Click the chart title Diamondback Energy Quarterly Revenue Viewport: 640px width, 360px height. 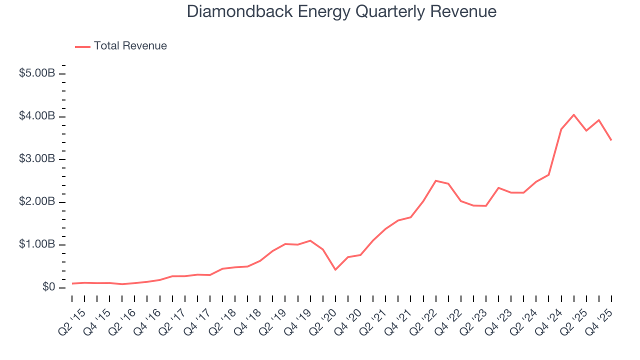[341, 11]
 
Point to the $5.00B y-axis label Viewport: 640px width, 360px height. [36, 73]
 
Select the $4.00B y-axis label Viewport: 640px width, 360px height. [36, 116]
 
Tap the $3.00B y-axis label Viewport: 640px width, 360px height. [36, 159]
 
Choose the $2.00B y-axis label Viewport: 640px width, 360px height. [36, 202]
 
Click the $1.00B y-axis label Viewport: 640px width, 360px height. [36, 244]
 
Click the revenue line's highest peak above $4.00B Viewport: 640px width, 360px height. [573, 115]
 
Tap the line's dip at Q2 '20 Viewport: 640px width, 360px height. [335, 269]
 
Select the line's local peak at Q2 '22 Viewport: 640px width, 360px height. [436, 180]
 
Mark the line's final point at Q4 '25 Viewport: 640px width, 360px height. [611, 140]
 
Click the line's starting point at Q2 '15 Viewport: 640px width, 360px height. [72, 283]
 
